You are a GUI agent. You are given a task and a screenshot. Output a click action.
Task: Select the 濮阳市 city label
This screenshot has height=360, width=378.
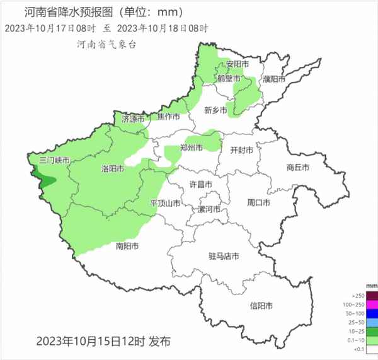(274, 79)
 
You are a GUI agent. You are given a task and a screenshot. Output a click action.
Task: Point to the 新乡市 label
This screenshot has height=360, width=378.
(215, 110)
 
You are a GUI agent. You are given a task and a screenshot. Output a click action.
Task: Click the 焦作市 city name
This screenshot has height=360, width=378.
(168, 117)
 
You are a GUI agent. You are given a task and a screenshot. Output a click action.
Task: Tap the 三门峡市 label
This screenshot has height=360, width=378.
(54, 160)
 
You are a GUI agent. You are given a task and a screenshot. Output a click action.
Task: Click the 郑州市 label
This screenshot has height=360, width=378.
(191, 148)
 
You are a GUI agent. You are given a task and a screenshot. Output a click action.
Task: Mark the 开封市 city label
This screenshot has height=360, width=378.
(242, 150)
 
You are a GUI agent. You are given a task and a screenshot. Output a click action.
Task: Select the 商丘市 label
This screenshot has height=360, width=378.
(297, 167)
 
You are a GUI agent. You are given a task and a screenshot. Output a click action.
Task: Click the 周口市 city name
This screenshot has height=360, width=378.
(258, 202)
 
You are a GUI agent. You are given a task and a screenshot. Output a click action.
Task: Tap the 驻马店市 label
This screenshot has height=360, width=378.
(224, 256)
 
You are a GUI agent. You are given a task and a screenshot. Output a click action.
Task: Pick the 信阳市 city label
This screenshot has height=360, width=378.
(261, 306)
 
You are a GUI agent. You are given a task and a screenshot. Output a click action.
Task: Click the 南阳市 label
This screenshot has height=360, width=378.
(127, 246)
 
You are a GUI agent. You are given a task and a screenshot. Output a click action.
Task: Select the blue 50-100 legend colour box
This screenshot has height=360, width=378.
(371, 313)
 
